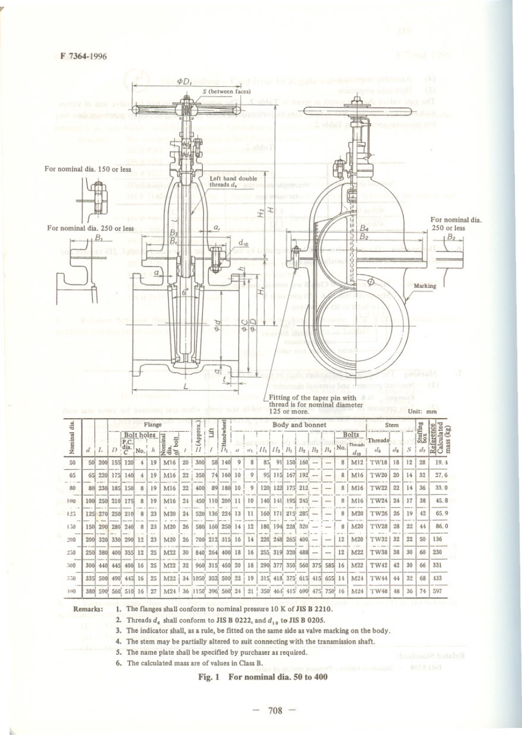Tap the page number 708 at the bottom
(275, 710)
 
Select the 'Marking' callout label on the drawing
(425, 286)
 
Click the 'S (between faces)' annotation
(226, 92)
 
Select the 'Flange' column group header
(153, 425)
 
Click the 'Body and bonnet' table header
(298, 425)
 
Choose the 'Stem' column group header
(392, 425)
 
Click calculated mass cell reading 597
(437, 592)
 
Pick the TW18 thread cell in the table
(379, 463)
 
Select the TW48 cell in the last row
(379, 592)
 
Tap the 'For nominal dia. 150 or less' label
(88, 169)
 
